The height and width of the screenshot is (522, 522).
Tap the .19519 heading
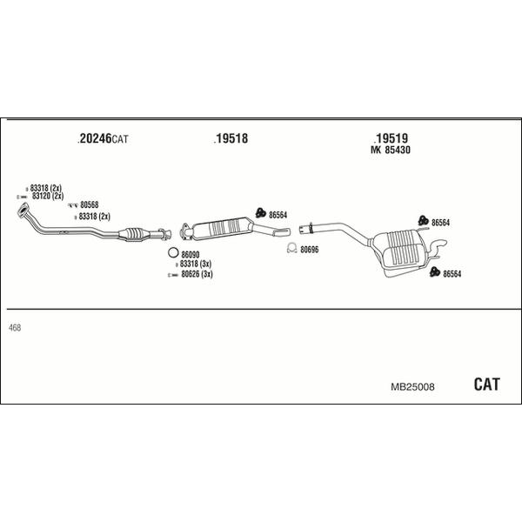click(391, 137)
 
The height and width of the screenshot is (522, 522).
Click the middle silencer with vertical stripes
click(224, 228)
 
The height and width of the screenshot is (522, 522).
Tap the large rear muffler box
click(403, 250)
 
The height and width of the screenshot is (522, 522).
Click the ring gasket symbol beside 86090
click(172, 253)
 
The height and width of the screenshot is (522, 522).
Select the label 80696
click(311, 250)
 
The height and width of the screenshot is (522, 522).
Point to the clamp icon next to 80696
click(292, 249)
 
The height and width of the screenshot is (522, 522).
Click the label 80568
click(89, 205)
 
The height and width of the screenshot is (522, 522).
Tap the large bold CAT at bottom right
click(487, 384)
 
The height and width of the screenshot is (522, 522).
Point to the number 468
click(14, 327)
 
